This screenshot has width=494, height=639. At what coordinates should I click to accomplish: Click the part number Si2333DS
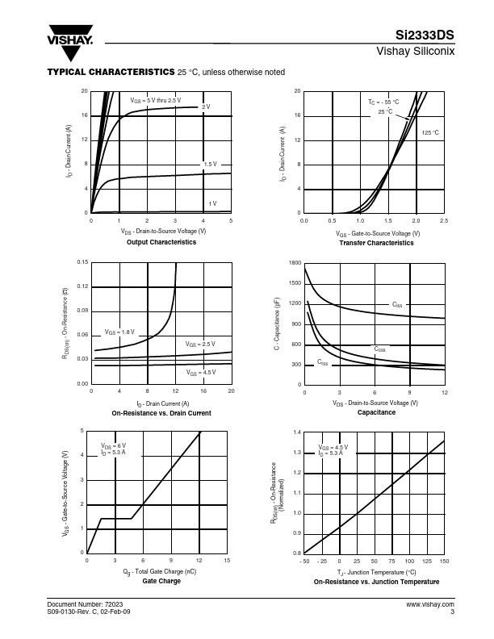(x=425, y=36)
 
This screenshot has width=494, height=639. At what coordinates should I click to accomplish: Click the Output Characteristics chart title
(x=161, y=242)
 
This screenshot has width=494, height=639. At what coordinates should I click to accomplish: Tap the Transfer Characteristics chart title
(x=376, y=242)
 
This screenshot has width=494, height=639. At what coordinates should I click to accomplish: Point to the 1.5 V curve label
(x=210, y=165)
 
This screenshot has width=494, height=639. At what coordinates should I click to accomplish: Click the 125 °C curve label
(x=430, y=132)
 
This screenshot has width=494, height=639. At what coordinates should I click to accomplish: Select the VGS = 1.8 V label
(x=119, y=332)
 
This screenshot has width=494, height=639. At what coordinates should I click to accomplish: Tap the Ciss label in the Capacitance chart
(x=397, y=305)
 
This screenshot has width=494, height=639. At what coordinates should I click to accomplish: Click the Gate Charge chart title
(x=161, y=581)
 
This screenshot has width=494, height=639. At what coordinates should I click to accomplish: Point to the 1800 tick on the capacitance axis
(x=295, y=263)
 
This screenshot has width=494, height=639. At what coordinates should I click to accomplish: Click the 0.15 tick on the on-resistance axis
(x=82, y=263)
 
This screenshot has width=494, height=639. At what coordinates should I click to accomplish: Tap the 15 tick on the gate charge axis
(x=228, y=561)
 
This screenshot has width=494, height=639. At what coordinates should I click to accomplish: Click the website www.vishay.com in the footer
(x=430, y=603)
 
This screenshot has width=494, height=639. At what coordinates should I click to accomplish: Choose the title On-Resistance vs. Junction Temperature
(x=376, y=581)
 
